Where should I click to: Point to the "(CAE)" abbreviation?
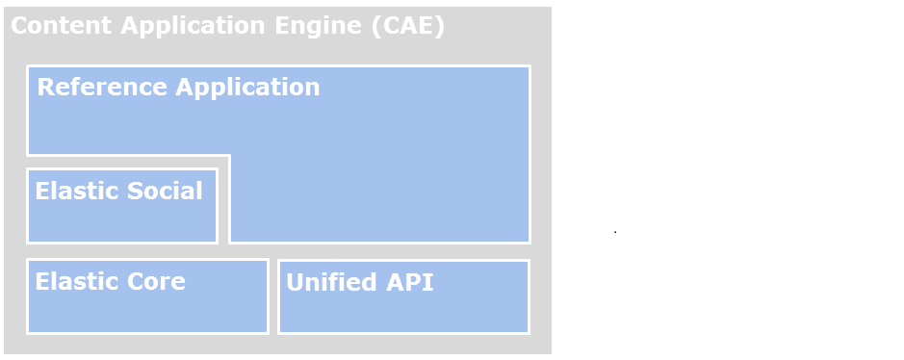point(408,26)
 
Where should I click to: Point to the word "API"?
point(409,283)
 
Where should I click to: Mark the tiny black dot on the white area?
point(615,232)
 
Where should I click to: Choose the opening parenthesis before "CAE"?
point(375,26)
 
